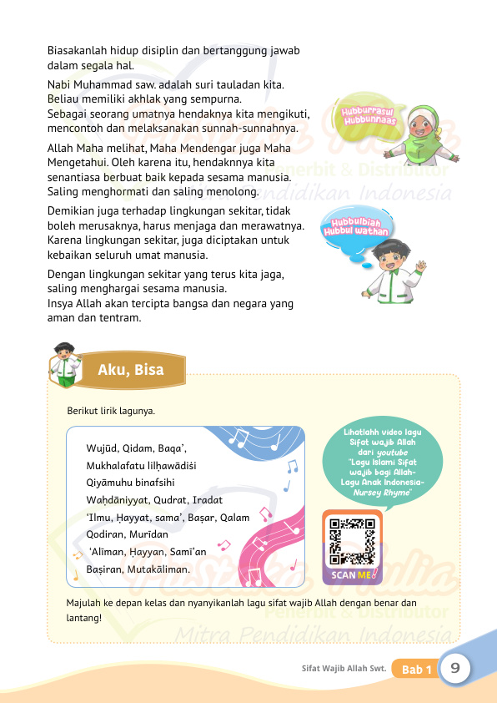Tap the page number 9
click(x=456, y=668)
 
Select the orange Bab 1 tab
click(x=416, y=670)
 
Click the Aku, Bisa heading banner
click(x=130, y=369)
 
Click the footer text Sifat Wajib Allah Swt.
click(x=343, y=669)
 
